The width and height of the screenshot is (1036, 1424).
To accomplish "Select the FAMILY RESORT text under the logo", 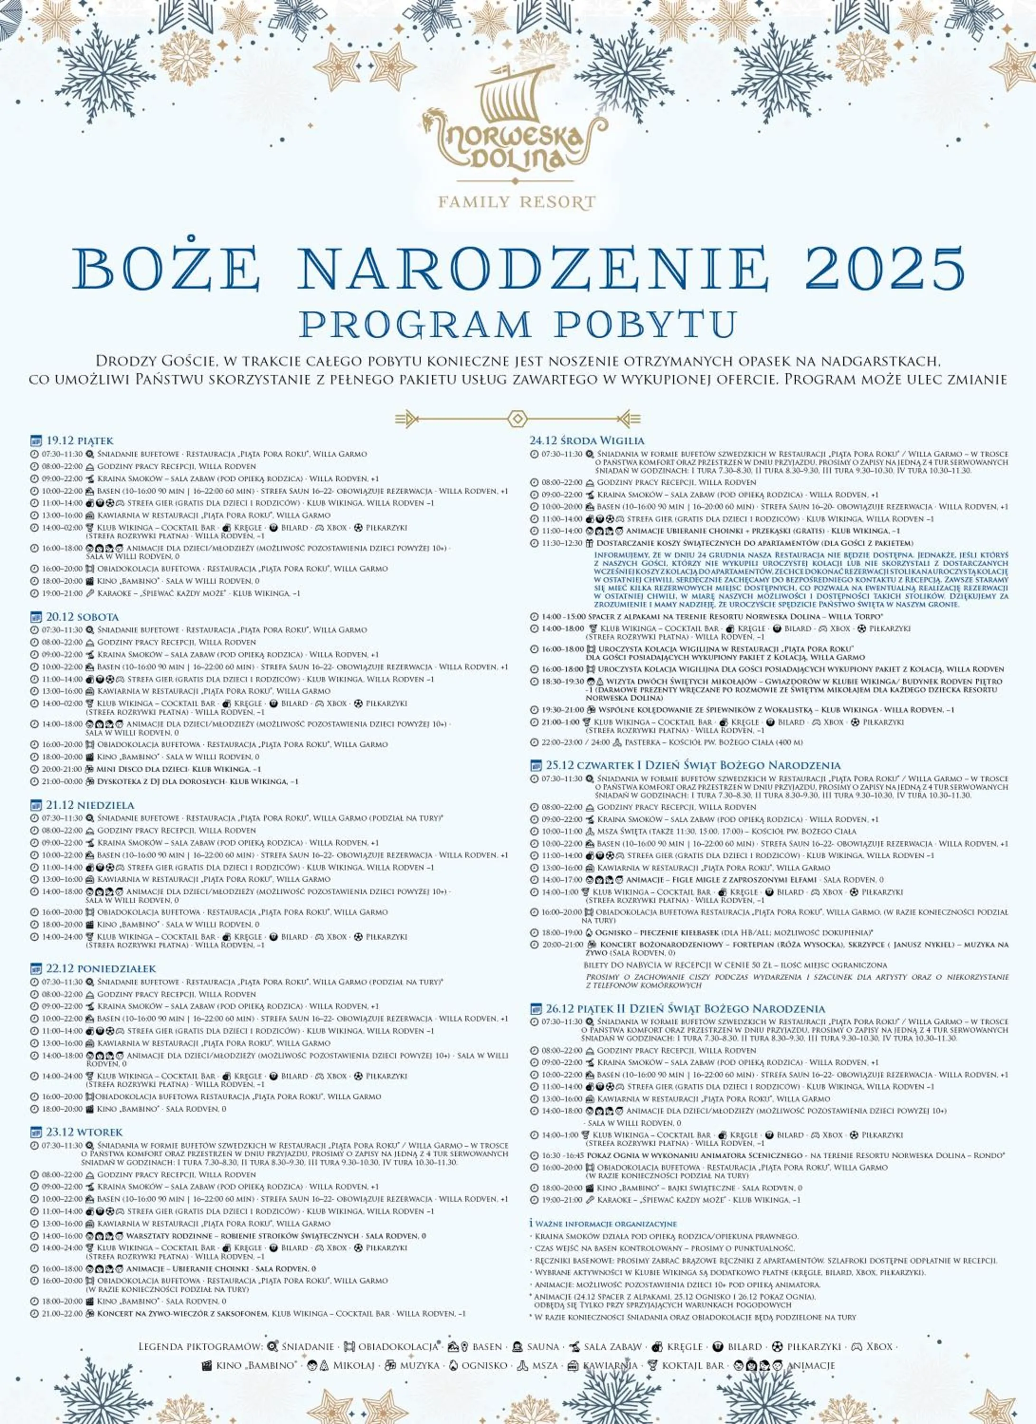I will tap(517, 202).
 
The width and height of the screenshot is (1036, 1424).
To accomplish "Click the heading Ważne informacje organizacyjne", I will tap(605, 1224).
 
